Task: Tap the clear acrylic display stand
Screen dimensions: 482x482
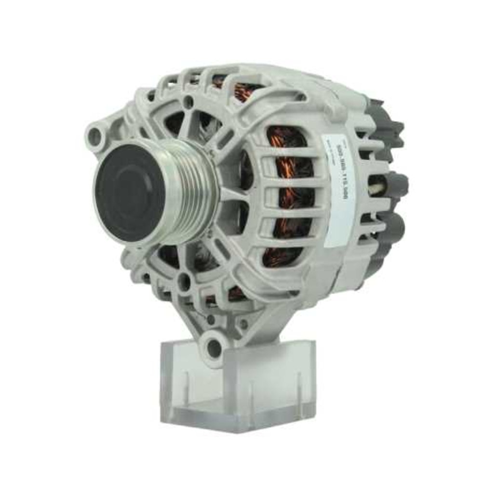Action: [241, 381]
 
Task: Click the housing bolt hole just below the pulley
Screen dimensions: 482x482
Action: [184, 282]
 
